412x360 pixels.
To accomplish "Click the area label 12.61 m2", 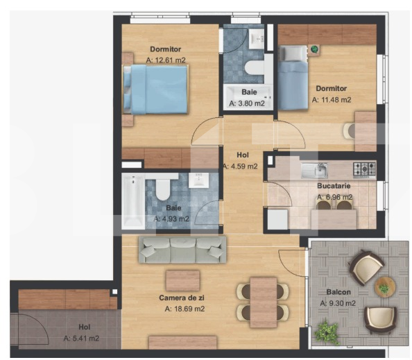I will click(x=165, y=60).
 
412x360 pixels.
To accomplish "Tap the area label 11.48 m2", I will click(x=331, y=100).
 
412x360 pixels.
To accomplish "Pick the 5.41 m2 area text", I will click(x=81, y=338).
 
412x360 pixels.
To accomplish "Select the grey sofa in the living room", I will click(x=183, y=250).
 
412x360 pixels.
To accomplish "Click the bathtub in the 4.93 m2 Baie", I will click(x=132, y=201).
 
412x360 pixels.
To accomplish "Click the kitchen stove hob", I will click(x=364, y=169).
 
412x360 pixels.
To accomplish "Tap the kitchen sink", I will click(x=319, y=169).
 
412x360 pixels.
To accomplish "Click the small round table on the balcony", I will click(x=384, y=286).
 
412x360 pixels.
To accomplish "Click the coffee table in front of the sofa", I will click(x=182, y=280).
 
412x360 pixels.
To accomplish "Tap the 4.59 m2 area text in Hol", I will click(x=240, y=166).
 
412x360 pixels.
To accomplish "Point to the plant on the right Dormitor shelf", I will click(x=314, y=49).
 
